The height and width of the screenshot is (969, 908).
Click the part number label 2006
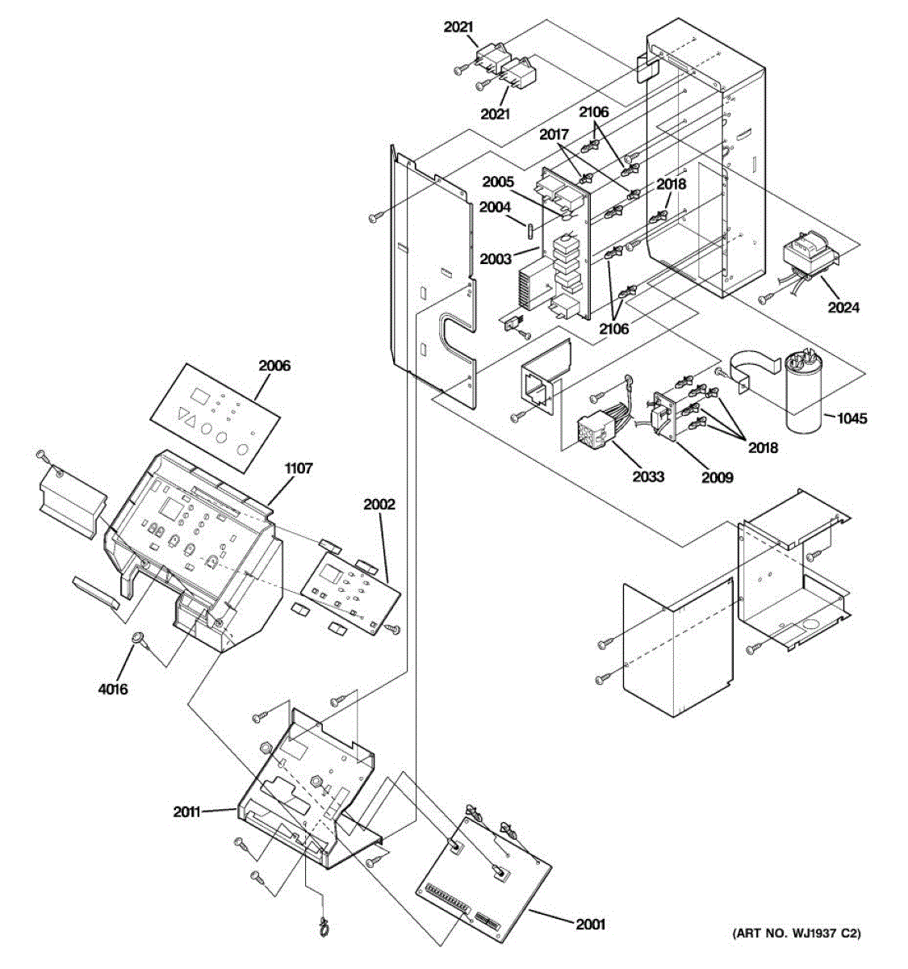(274, 366)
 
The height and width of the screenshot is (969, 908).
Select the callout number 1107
(298, 468)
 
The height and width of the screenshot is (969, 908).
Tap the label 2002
(379, 505)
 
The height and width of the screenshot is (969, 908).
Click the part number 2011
(188, 812)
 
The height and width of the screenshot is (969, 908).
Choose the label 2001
(590, 925)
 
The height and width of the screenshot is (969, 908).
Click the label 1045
(852, 418)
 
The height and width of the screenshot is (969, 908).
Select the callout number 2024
(843, 308)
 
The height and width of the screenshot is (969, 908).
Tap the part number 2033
(648, 476)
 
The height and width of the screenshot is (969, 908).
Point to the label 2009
(718, 477)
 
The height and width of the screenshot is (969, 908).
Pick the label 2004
(495, 208)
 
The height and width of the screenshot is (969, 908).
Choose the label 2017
(554, 134)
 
